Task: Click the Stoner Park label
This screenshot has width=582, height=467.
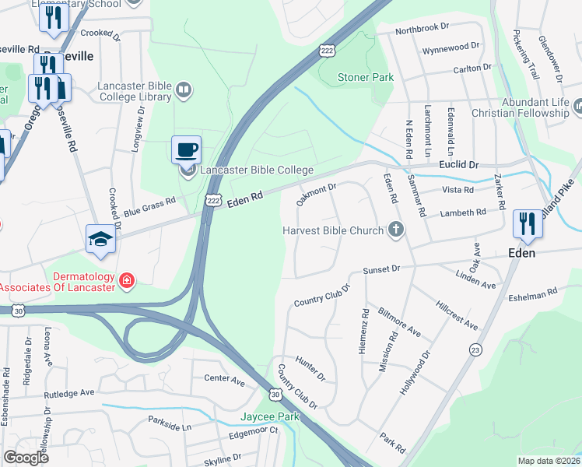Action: tap(366, 77)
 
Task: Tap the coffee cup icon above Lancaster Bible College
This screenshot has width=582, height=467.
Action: tap(186, 149)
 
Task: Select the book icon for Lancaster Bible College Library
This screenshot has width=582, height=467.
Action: tap(183, 90)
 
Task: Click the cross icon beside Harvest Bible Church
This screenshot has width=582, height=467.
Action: tap(396, 230)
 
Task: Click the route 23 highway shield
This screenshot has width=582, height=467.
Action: tap(475, 351)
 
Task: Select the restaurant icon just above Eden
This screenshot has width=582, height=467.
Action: tap(527, 223)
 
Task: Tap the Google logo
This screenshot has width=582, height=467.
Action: tap(26, 457)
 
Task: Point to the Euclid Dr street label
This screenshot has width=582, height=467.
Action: tap(458, 166)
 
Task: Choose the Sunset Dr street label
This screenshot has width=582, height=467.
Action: tap(381, 269)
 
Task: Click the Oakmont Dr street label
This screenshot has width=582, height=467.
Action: tap(317, 193)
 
